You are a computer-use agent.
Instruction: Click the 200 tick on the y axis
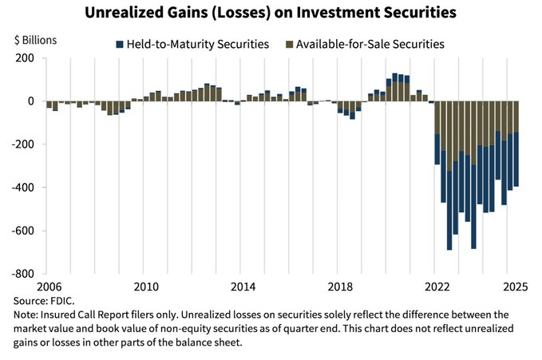[23, 58]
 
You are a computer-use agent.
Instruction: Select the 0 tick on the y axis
[29, 101]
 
